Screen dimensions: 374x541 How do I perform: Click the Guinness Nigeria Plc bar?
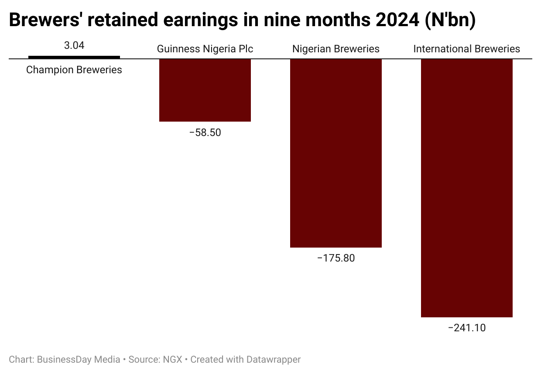click(205, 90)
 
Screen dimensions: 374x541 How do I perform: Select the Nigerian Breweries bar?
click(336, 153)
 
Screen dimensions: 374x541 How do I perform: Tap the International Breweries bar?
click(466, 187)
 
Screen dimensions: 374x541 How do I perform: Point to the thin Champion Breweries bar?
click(74, 57)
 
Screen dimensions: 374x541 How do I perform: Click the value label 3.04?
click(74, 45)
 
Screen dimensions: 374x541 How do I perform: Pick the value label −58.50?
click(205, 133)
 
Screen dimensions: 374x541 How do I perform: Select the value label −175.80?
click(336, 258)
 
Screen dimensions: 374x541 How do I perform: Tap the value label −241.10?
click(466, 328)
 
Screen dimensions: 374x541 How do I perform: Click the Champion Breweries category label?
click(74, 70)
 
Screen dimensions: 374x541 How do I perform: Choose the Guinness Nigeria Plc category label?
click(205, 49)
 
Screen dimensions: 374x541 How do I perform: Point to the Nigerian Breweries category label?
click(336, 49)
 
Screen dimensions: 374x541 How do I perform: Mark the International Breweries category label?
click(466, 49)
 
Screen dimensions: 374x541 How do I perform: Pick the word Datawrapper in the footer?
click(274, 360)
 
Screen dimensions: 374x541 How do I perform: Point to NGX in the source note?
click(172, 360)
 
